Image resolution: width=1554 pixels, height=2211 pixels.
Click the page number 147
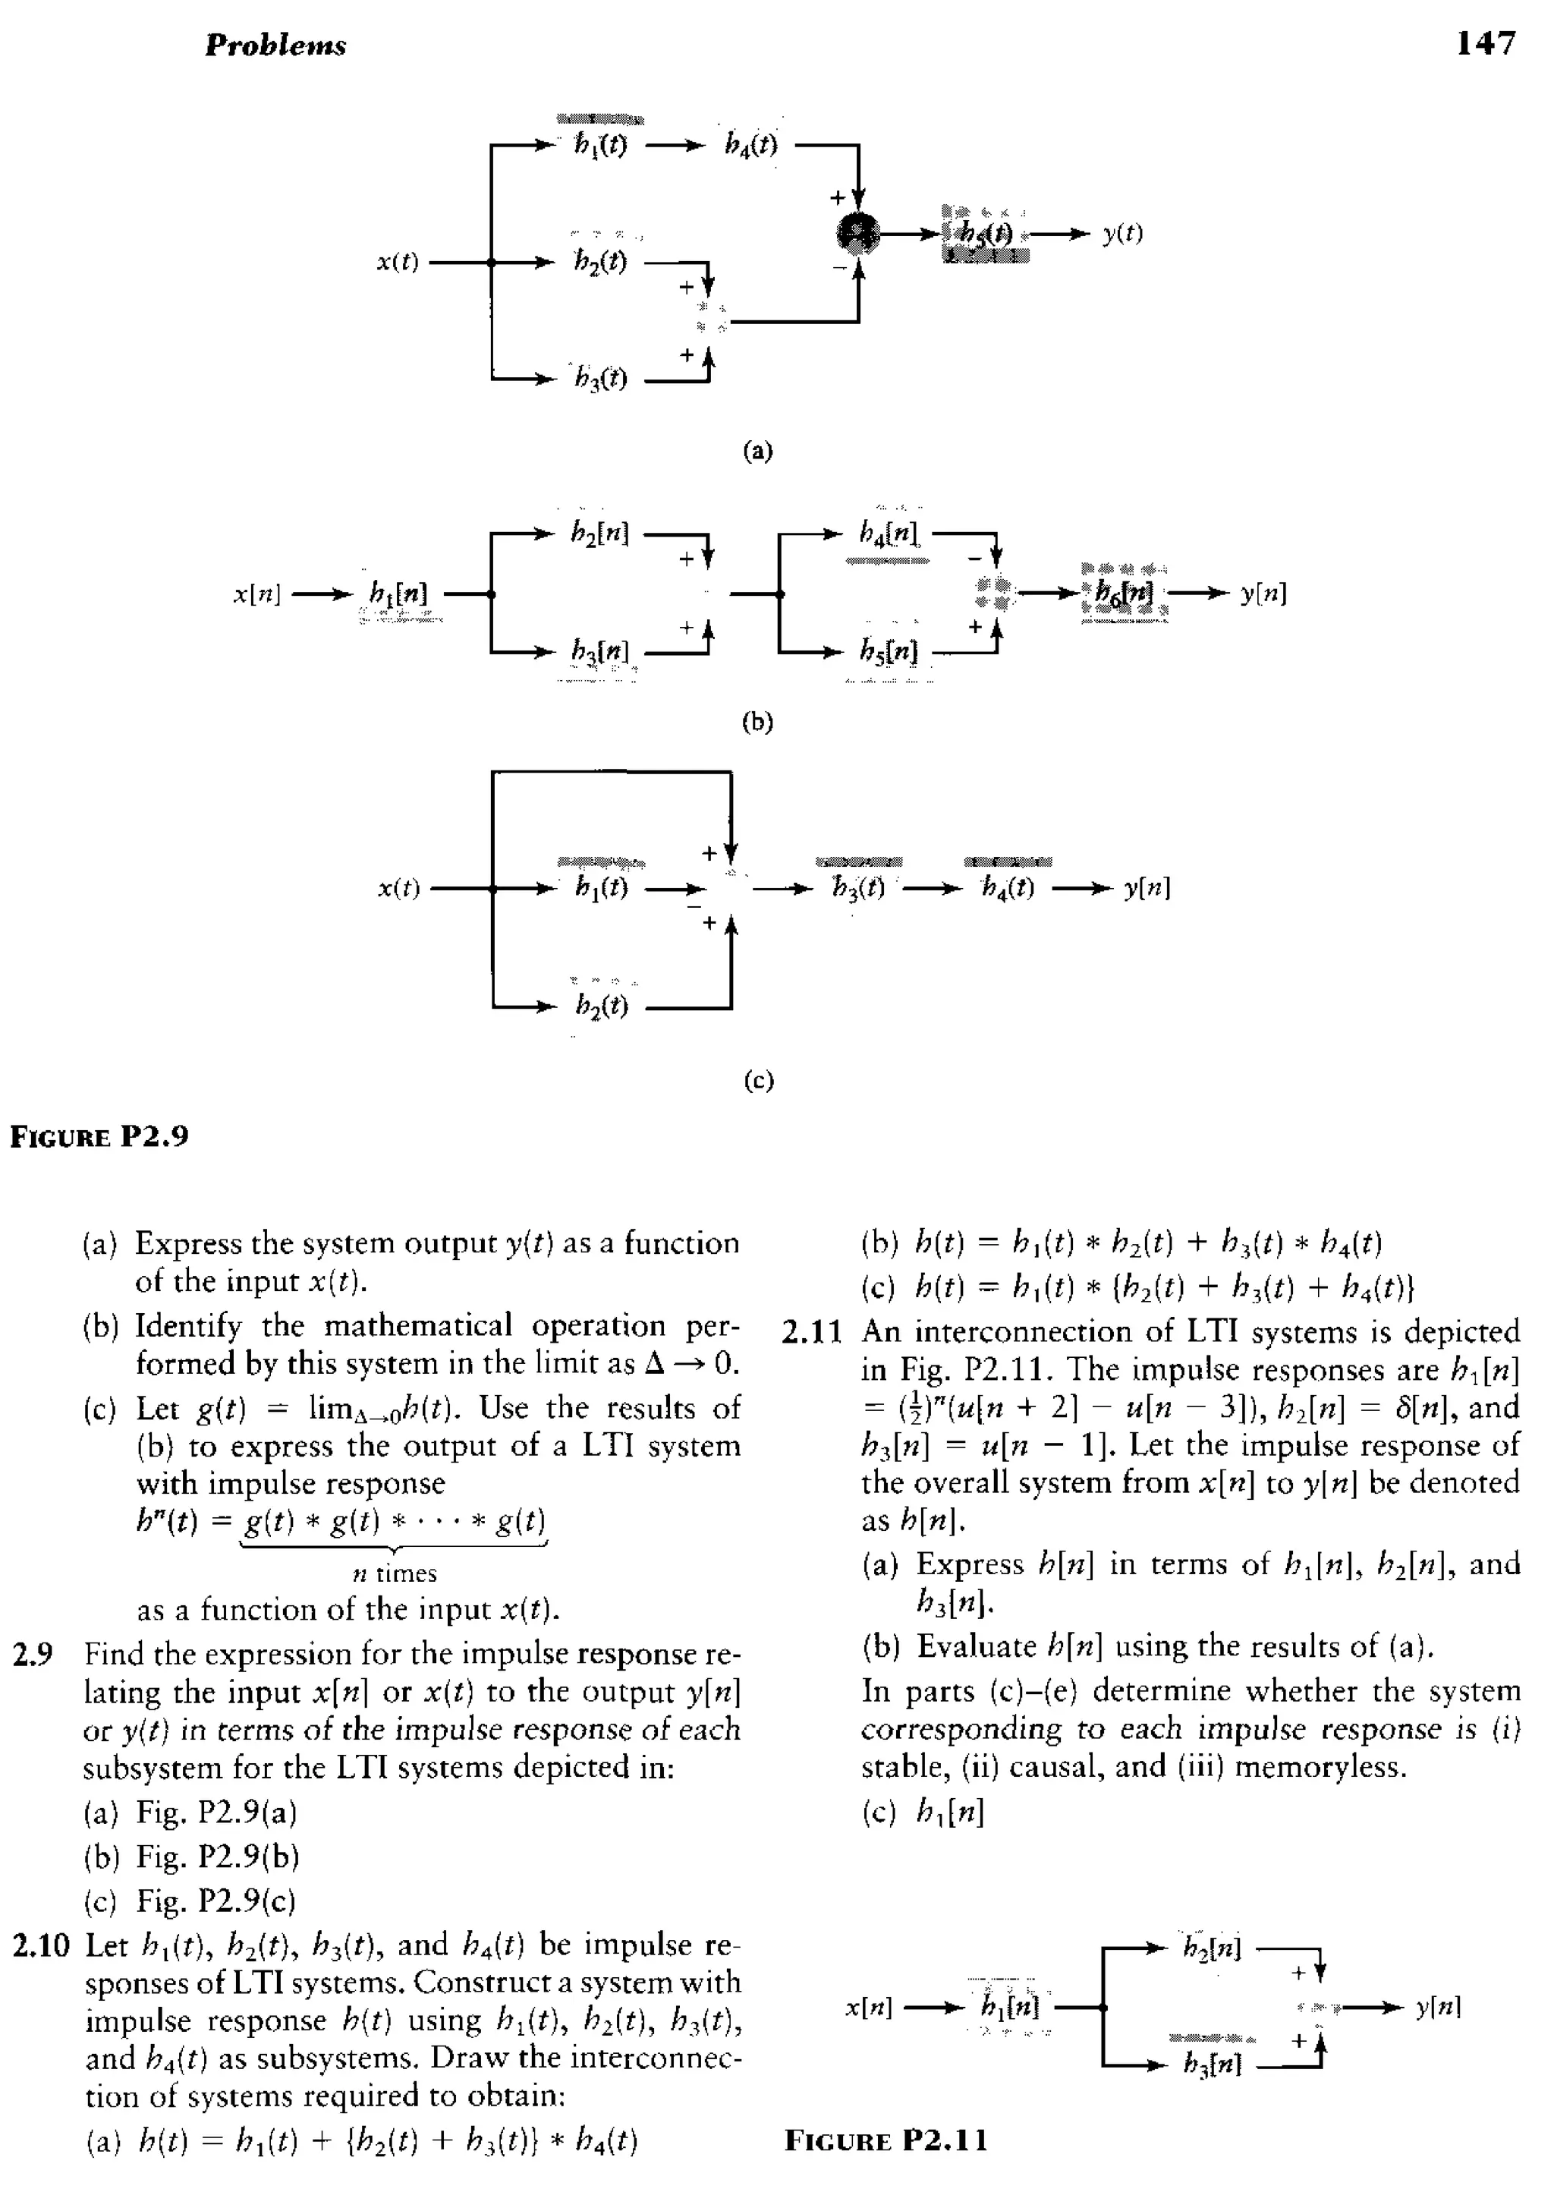pos(1486,43)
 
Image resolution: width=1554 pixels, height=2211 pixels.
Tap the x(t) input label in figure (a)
pos(398,263)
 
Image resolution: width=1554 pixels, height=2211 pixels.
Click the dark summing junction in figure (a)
pos(858,232)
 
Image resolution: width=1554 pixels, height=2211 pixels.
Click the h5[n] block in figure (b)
pos(889,652)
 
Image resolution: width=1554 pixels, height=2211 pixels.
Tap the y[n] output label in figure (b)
pos(1263,594)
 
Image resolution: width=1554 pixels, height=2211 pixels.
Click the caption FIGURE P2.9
pos(99,1136)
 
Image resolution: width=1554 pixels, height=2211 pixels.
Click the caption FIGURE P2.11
pos(886,2140)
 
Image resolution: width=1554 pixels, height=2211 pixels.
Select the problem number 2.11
pos(812,1333)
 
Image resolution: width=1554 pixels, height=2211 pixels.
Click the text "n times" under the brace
pos(394,1573)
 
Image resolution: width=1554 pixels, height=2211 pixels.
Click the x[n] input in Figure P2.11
pos(869,2008)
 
